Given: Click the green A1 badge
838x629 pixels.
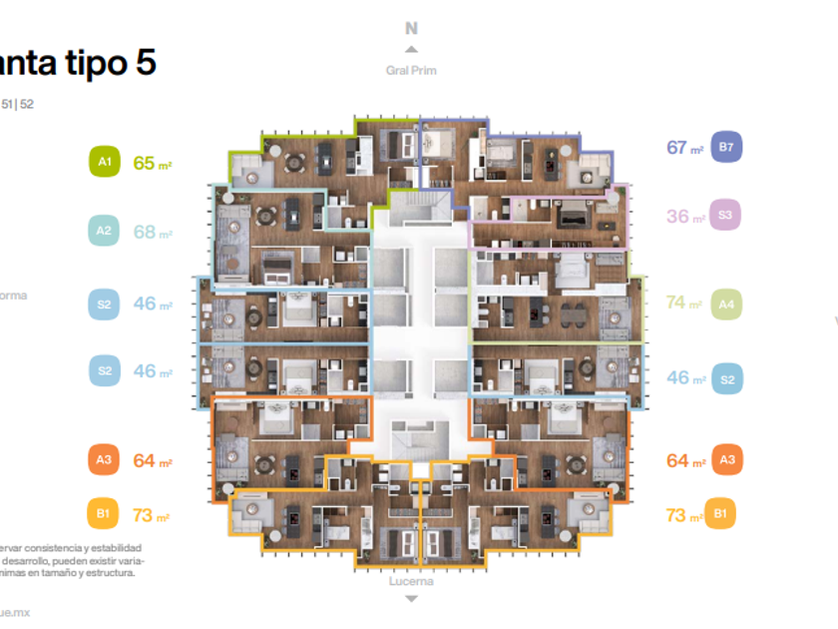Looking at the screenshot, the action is pos(104,162).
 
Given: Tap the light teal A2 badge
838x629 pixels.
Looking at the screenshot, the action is pos(104,232).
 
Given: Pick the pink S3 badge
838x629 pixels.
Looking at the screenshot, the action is pos(725,216).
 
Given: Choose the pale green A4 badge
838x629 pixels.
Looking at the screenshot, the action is pos(726,304).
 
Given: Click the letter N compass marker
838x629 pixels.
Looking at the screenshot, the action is pos(411,29).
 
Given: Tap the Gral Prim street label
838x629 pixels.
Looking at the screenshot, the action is pos(411,70).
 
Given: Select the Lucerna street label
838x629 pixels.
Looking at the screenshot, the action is pos(411,581).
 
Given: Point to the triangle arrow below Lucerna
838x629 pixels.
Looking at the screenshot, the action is pos(411,598).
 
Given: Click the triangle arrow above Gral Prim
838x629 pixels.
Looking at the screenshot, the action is pos(411,49).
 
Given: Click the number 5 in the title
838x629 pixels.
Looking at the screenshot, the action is pos(144,64).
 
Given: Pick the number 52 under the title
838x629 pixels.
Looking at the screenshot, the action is pos(27,103).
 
